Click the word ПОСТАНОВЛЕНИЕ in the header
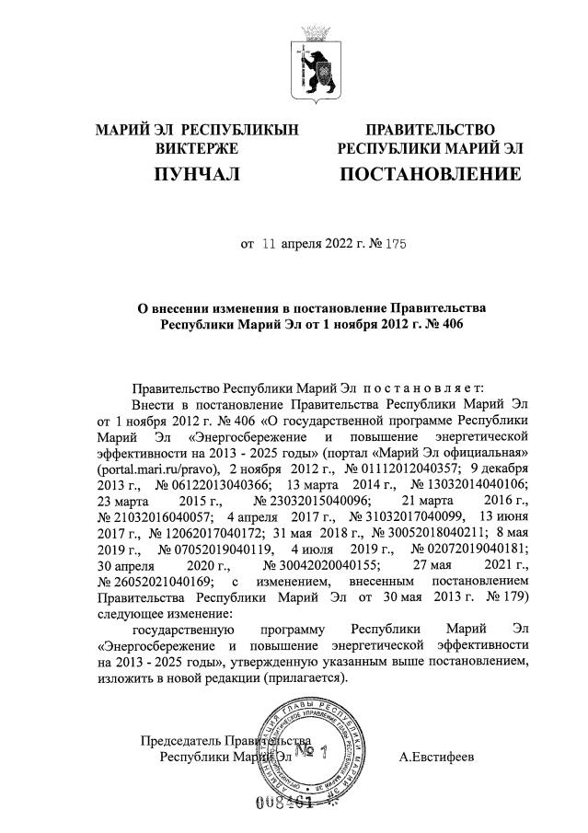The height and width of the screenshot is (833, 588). click(x=430, y=174)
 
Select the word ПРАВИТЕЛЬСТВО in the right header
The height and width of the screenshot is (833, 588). click(x=430, y=130)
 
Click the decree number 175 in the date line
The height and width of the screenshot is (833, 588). click(x=395, y=245)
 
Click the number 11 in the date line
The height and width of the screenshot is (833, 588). click(x=269, y=245)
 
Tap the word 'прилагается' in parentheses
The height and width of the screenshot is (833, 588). click(x=303, y=677)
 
